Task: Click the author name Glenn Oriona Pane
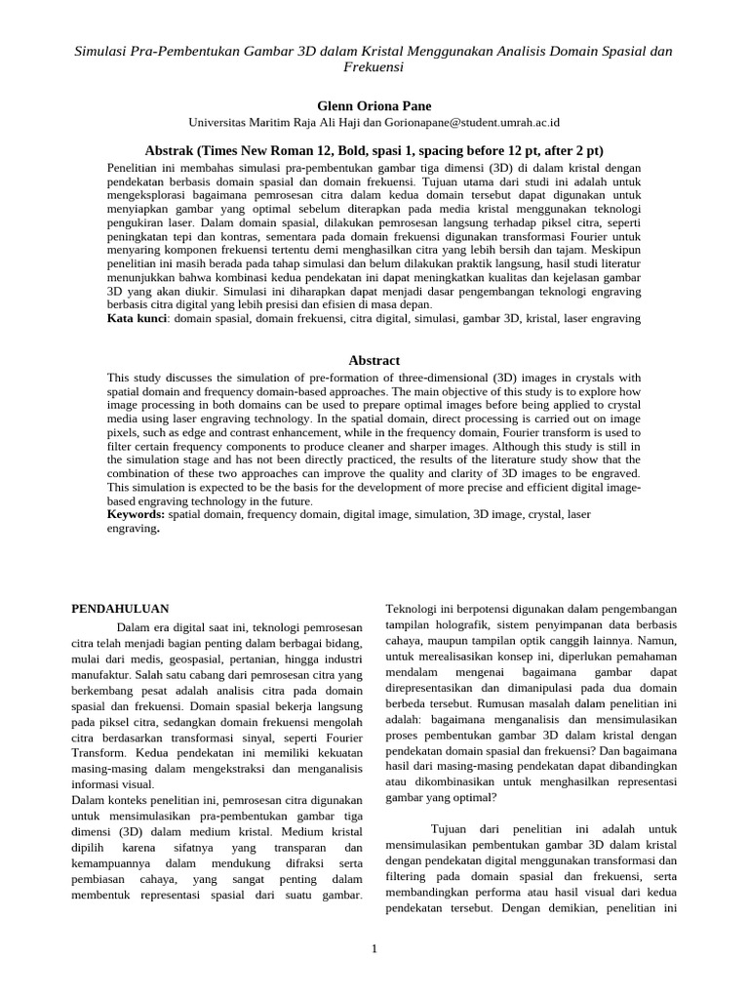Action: coord(374,104)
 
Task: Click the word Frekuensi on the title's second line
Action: coord(374,67)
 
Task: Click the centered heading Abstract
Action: coord(374,360)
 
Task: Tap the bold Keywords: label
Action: coord(136,513)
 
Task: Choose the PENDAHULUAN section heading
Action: coord(121,608)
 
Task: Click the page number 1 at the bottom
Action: coord(374,948)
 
